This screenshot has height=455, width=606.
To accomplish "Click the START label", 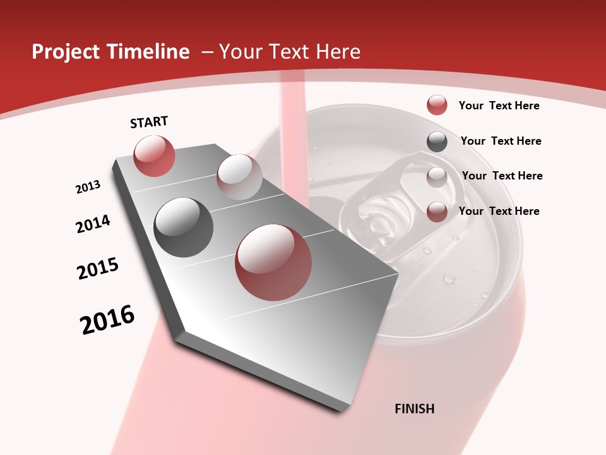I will pos(149,122).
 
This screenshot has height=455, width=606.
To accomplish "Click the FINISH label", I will pos(414,409).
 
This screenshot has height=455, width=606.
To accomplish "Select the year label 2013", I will pos(88,187).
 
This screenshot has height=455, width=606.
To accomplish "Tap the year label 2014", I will pos(93,224).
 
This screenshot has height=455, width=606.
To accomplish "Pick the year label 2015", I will pos(98,268).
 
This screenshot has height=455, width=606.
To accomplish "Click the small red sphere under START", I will pos(154,155).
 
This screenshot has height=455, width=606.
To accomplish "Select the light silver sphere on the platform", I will pos(239,177).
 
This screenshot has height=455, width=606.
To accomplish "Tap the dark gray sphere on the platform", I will pos(184,227).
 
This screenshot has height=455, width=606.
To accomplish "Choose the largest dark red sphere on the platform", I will pos(273,262).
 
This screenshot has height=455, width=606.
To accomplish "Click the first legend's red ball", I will pos(437,106).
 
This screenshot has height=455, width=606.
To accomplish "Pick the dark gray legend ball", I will pos(437,142).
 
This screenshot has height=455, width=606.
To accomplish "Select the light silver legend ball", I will pos(437,177).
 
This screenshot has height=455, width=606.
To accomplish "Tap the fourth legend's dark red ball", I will pos(437,212).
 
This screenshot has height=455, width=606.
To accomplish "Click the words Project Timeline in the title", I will pos(110,52).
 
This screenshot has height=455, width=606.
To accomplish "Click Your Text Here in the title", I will pos(289,52).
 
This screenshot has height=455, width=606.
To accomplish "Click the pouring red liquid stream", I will pos(292,126).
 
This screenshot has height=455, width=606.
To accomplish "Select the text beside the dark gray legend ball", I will pos(501,141).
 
